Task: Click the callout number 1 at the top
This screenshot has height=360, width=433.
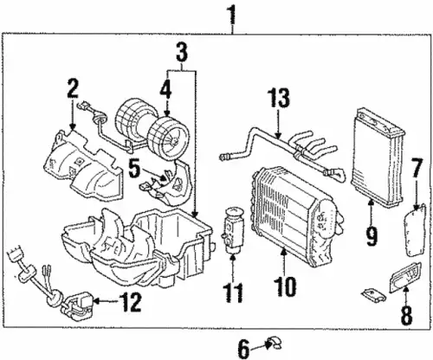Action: [x=232, y=16]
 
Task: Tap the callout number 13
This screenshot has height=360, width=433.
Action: [x=278, y=98]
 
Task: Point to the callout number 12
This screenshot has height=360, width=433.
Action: [x=130, y=302]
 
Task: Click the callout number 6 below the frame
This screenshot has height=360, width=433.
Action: [x=243, y=349]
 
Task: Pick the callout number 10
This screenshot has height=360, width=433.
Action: [x=285, y=286]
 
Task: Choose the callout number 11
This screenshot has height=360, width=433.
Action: [x=233, y=293]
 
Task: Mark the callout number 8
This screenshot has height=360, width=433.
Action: [x=406, y=314]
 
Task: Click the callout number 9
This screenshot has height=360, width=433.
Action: [x=371, y=236]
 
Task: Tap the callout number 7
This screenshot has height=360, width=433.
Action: [x=417, y=168]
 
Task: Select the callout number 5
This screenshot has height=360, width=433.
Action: [x=134, y=169]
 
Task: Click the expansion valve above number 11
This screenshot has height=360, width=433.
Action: [x=232, y=230]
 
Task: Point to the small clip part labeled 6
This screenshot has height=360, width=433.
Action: [x=275, y=344]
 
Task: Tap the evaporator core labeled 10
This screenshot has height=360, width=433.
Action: [x=296, y=217]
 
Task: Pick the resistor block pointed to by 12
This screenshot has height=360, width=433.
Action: [x=77, y=306]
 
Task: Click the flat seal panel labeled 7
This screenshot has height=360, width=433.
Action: [x=415, y=230]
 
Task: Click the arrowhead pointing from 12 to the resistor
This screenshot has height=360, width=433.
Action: [x=97, y=301]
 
